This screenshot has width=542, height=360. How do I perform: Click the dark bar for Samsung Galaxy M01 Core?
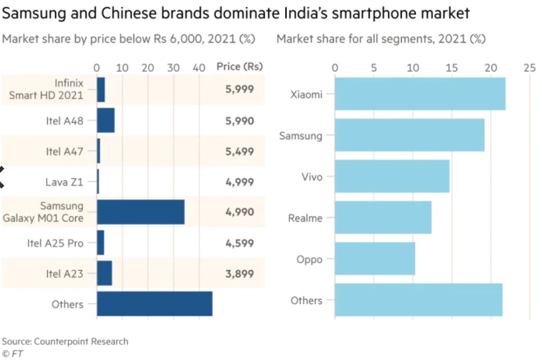pos(140,212)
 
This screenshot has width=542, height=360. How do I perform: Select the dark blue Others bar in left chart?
pos(154,304)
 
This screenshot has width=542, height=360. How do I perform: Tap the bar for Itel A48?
pos(105,121)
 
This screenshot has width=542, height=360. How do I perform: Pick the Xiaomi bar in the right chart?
pos(420,94)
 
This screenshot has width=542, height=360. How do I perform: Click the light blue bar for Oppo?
pos(375,259)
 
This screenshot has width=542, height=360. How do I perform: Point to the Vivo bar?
pos(392,177)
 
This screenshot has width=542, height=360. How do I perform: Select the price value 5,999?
pos(240,89)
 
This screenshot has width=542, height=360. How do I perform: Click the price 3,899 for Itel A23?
pos(240,274)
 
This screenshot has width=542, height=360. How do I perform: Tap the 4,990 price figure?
pos(240,212)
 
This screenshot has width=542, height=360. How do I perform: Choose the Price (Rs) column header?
pos(240,67)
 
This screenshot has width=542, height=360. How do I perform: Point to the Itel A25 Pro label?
pos(55,243)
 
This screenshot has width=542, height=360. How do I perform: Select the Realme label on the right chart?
pos(305,218)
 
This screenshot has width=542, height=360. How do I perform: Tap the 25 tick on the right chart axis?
pos(529,68)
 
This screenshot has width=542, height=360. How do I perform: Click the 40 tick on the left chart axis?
pos(199,68)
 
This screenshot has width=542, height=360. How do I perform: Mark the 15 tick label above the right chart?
pos(452,68)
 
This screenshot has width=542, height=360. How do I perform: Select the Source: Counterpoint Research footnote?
pos(65,341)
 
